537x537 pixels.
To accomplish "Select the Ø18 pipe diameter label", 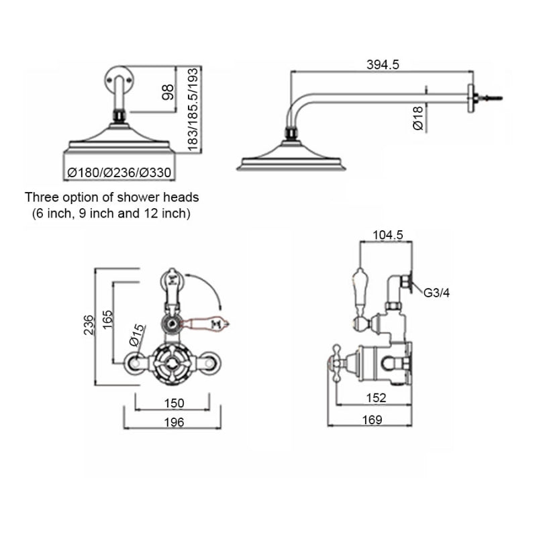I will pos(417,118).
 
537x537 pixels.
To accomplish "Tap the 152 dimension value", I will pos(377,398).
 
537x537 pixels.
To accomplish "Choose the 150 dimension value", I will pos(173,403).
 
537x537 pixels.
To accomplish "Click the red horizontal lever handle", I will pos(211,325).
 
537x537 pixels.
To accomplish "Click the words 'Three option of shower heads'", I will pos(112,198).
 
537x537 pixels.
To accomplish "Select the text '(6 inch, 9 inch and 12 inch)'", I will pos(112,214).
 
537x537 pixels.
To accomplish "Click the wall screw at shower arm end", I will pos(495,97).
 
